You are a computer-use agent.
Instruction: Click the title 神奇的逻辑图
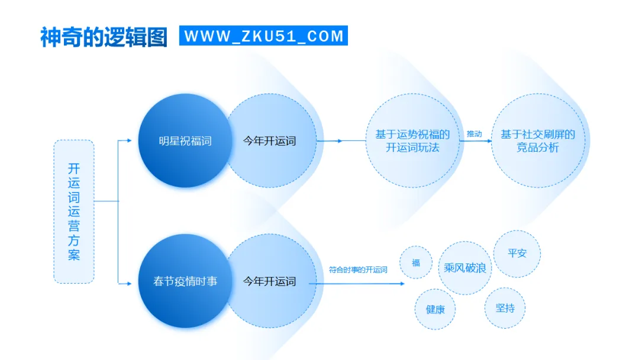(x=104, y=36)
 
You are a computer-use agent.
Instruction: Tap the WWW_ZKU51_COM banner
(x=263, y=36)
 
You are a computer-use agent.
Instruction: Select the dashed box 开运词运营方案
(x=74, y=211)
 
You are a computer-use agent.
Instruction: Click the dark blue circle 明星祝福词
(x=185, y=141)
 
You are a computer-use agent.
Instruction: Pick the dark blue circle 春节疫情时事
(x=185, y=281)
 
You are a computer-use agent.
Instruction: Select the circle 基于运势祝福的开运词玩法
(x=412, y=141)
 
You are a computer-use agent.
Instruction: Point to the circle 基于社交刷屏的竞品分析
(x=538, y=141)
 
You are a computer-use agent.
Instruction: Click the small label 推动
(x=474, y=134)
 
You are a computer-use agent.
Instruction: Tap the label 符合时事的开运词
(x=358, y=270)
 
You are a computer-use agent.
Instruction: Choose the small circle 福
(x=416, y=263)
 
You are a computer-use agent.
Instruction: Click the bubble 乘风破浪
(x=465, y=268)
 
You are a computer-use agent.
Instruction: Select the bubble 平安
(x=517, y=253)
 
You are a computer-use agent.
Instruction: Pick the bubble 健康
(x=435, y=309)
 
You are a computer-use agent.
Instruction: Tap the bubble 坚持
(x=505, y=308)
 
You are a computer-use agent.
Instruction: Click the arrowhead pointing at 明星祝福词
(x=130, y=141)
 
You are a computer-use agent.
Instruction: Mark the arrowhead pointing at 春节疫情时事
(x=130, y=284)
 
